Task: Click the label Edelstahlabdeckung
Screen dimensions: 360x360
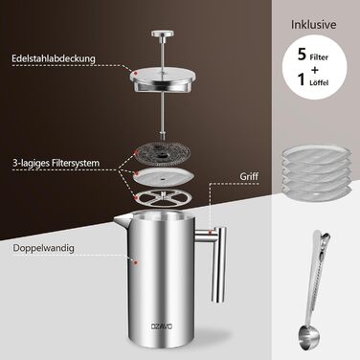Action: [54, 58]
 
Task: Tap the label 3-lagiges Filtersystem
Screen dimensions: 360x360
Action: [56, 163]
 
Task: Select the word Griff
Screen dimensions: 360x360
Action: [249, 176]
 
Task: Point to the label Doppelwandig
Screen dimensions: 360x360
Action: [44, 248]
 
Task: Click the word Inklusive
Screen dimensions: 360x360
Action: [314, 25]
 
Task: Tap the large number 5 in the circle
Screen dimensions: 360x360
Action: [302, 55]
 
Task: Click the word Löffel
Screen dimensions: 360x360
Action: [319, 82]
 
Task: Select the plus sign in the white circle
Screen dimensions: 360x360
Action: [315, 70]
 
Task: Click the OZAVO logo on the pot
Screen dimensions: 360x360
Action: [162, 326]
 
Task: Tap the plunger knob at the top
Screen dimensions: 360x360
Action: [163, 34]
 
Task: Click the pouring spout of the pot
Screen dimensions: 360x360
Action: [122, 221]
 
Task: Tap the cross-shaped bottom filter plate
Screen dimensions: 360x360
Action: [163, 199]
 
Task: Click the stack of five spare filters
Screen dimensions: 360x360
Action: [316, 170]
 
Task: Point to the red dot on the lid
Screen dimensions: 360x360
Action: [135, 74]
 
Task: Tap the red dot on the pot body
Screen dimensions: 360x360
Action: [136, 262]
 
